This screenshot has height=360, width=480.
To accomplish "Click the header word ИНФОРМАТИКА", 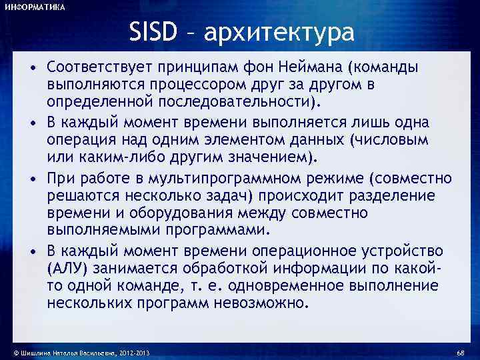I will (35, 7).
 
